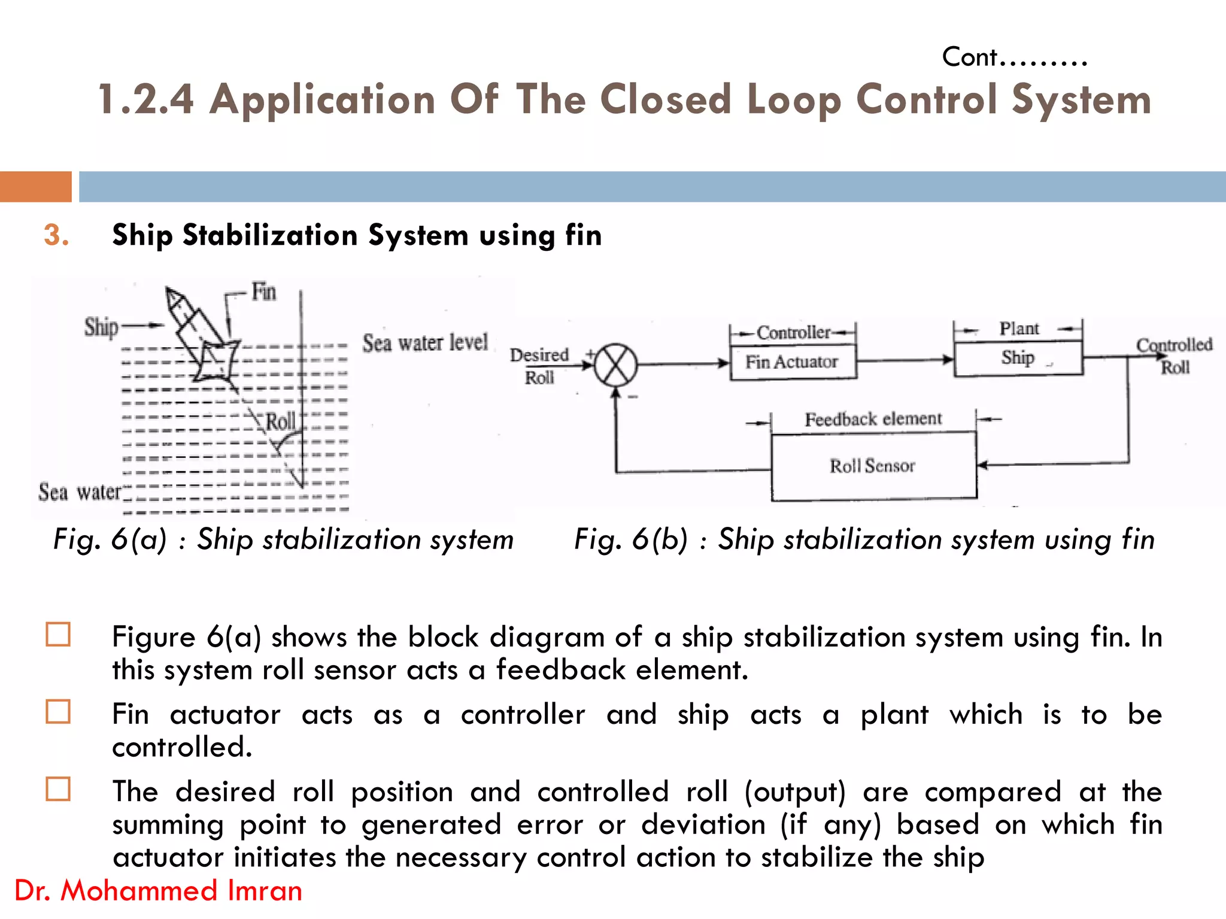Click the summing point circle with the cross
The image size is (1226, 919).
tap(615, 365)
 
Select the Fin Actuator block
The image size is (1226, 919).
tap(793, 362)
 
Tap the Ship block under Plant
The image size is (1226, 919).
tap(1018, 358)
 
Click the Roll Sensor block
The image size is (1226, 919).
tap(873, 466)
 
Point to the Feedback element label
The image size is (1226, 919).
tap(873, 419)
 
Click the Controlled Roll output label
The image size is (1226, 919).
tap(1174, 356)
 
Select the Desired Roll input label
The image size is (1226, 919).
tap(539, 366)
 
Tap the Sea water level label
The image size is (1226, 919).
tap(425, 343)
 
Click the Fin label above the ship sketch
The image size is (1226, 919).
tap(263, 292)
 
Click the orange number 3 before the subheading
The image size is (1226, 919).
tap(56, 235)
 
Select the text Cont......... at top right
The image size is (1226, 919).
tap(1014, 57)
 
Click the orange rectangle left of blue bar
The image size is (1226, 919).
tap(35, 186)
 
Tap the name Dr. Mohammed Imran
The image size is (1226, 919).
tap(158, 890)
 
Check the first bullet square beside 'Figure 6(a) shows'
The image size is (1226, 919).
tap(58, 635)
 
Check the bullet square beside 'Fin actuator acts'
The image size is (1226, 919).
tap(58, 712)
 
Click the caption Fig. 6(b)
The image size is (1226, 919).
tap(863, 539)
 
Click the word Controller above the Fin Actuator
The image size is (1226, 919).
tap(793, 332)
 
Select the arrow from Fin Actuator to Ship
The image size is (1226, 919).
tap(905, 360)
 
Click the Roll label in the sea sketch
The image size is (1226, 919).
tap(280, 421)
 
